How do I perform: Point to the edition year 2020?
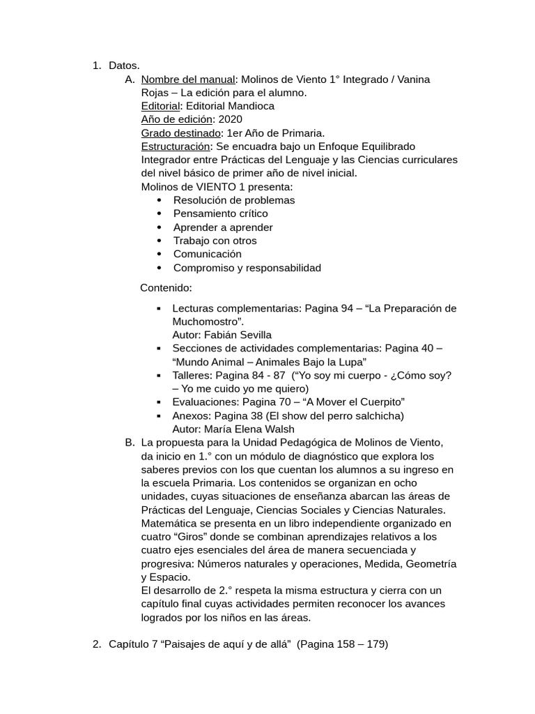230,119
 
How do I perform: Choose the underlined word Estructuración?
176,146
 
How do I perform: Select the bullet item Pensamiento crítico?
220,213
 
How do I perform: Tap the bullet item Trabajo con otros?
215,241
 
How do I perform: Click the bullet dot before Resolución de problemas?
160,200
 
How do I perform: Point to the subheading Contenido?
166,287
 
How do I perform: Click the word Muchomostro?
207,321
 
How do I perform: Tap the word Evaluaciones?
204,402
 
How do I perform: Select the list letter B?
130,443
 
